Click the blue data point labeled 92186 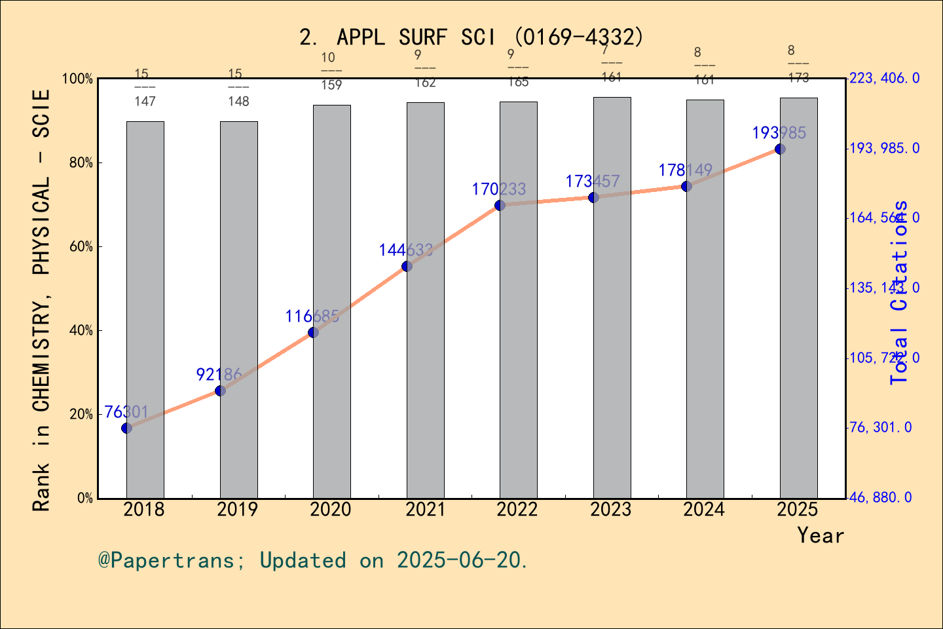(220, 391)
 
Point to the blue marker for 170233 (500, 205)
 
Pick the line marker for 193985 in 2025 (780, 149)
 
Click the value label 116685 (312, 316)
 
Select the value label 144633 (405, 250)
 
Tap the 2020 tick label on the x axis (331, 510)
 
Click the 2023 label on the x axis (610, 510)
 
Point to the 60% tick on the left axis (81, 247)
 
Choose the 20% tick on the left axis (81, 415)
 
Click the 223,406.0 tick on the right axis (884, 79)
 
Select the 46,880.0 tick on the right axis (880, 498)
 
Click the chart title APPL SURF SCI (471, 37)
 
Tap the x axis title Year (820, 535)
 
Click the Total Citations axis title (900, 292)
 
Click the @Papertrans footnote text (312, 560)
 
